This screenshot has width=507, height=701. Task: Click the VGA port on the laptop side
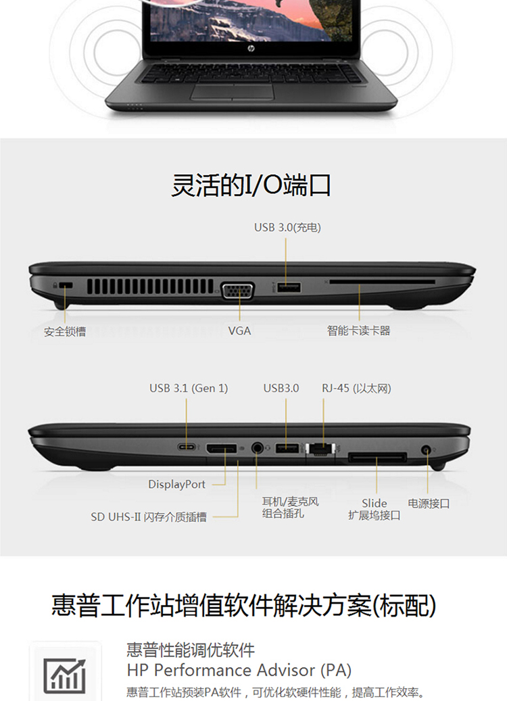pyautogui.click(x=238, y=291)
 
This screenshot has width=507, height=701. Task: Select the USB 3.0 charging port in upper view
pyautogui.click(x=289, y=287)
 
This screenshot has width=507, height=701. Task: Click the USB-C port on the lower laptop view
pyautogui.click(x=187, y=447)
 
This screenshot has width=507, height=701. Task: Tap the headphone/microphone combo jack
pyautogui.click(x=257, y=447)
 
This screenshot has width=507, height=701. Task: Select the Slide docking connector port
pyautogui.click(x=377, y=458)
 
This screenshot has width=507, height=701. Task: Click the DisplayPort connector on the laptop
pyautogui.click(x=221, y=448)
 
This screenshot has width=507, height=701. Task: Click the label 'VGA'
pyautogui.click(x=239, y=331)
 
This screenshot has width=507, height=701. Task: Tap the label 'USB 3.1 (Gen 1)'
pyautogui.click(x=189, y=388)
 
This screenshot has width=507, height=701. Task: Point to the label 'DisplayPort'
pyautogui.click(x=176, y=484)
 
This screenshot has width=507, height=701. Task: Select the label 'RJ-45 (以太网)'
pyautogui.click(x=356, y=388)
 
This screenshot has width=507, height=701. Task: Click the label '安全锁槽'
pyautogui.click(x=65, y=331)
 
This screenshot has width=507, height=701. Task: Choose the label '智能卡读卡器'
pyautogui.click(x=358, y=331)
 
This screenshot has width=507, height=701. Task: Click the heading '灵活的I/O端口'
pyautogui.click(x=251, y=185)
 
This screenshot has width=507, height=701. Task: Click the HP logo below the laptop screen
pyautogui.click(x=251, y=48)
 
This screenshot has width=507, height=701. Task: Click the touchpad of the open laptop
pyautogui.click(x=233, y=91)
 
